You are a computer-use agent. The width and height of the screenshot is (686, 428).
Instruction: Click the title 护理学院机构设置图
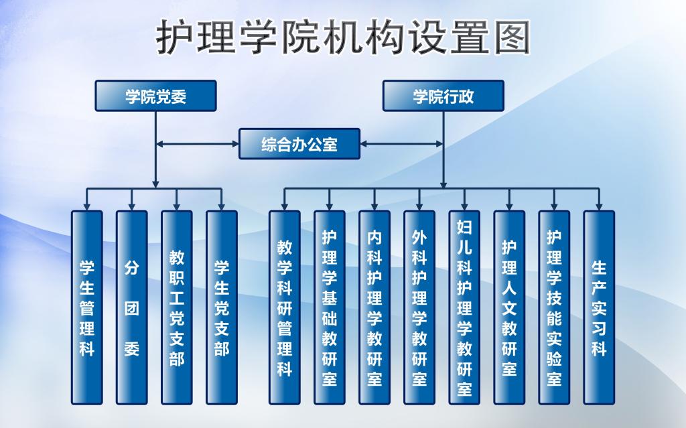(x=343, y=36)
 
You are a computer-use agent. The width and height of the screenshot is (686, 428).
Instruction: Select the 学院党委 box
(x=155, y=96)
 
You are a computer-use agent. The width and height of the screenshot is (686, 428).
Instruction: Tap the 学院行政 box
(x=443, y=96)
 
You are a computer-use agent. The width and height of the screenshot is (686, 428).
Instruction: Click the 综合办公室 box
(x=299, y=143)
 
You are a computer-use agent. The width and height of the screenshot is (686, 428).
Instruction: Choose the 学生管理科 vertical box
(x=87, y=307)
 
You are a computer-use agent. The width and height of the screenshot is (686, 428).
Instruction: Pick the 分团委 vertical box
(x=132, y=307)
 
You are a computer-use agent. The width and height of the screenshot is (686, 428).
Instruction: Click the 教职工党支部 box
(x=177, y=307)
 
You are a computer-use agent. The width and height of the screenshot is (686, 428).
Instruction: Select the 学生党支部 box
(x=222, y=307)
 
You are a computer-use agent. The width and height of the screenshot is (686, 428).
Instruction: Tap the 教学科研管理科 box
(x=285, y=307)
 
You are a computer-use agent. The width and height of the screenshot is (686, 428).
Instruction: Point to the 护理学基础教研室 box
(x=330, y=307)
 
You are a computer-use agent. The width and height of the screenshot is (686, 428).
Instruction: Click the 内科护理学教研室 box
(x=374, y=307)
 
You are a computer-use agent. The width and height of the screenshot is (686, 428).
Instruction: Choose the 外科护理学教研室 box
(x=419, y=307)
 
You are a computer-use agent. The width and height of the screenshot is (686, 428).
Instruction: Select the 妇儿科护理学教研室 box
(x=464, y=307)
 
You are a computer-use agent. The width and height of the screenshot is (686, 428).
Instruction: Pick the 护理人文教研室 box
(x=509, y=307)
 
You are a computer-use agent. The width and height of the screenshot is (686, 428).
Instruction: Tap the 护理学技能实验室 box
(x=554, y=307)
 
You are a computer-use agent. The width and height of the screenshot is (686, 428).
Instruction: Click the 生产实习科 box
(x=599, y=307)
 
